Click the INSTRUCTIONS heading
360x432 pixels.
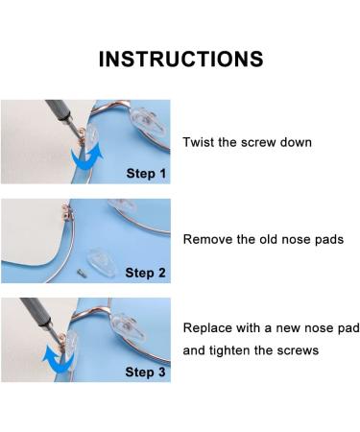[x=180, y=59]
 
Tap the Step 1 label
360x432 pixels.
[x=146, y=174]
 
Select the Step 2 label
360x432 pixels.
[x=146, y=273]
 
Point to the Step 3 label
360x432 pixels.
[x=146, y=372]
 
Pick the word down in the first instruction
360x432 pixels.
[x=296, y=142]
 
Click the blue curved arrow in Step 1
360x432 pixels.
[x=85, y=156]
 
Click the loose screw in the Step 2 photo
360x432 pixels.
[x=81, y=273]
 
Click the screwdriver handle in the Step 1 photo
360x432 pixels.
[x=60, y=110]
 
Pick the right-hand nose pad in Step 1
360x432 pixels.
[x=148, y=121]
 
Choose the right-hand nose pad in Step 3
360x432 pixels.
[x=128, y=325]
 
